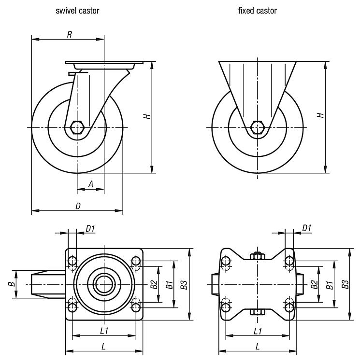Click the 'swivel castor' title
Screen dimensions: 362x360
point(77,11)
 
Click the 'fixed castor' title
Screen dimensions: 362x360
point(257,11)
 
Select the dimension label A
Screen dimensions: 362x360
point(90,184)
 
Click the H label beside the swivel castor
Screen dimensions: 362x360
point(146,116)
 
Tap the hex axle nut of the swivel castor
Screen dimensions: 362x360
point(77,127)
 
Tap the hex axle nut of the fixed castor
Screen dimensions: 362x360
point(258,127)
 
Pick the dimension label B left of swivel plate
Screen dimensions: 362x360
point(11,284)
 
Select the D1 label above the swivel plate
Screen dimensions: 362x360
point(90,228)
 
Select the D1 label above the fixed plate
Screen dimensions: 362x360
point(306,228)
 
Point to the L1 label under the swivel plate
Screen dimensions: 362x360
point(103,331)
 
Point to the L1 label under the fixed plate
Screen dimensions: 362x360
point(258,331)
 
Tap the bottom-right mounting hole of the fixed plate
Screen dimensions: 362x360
point(289,306)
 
